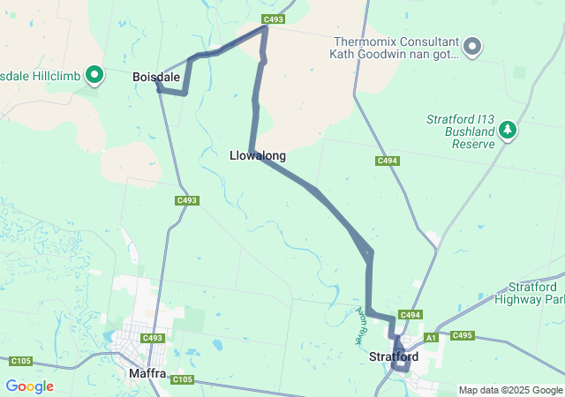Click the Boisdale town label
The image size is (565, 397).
(x=155, y=78)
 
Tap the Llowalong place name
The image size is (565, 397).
(x=257, y=155)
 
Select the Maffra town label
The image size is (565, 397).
(x=147, y=373)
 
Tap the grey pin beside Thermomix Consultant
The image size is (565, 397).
(x=472, y=46)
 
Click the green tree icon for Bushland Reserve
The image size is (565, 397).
(x=508, y=131)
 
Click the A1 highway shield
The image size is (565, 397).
(x=432, y=337)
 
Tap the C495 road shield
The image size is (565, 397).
(x=463, y=335)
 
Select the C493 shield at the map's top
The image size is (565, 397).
(x=273, y=19)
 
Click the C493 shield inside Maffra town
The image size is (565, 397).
(x=153, y=338)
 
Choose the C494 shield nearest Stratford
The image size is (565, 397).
(x=410, y=315)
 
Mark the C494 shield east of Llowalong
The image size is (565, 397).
(x=387, y=161)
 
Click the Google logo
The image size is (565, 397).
(x=29, y=386)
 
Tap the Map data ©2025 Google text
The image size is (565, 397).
(x=510, y=390)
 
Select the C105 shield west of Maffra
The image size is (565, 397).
(x=21, y=361)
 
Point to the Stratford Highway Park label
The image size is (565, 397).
(x=536, y=294)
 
